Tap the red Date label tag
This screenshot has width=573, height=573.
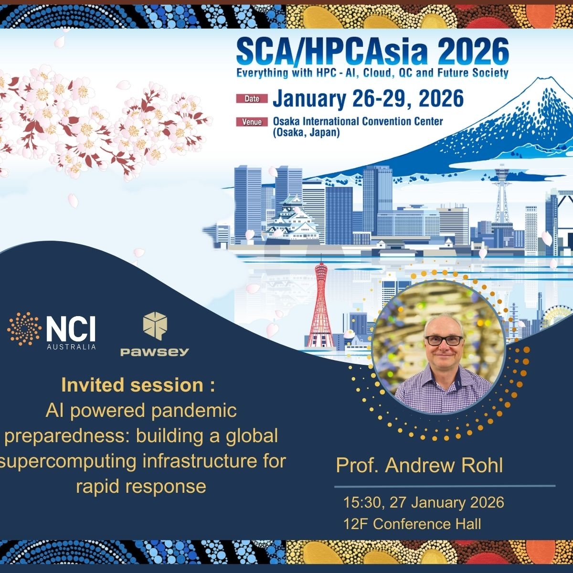[252, 99]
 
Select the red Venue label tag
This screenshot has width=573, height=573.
[252, 122]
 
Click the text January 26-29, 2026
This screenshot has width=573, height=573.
[368, 98]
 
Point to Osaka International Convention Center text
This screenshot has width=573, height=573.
[358, 121]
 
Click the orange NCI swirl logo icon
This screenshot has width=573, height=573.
[24, 329]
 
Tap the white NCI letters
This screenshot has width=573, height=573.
[71, 329]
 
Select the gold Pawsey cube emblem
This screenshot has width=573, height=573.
[155, 326]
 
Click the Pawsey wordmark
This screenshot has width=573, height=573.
[155, 352]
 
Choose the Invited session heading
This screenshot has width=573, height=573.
[138, 385]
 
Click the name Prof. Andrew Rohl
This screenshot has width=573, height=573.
[420, 465]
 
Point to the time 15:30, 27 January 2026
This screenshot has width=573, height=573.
[424, 502]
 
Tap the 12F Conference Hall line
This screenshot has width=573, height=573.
[412, 524]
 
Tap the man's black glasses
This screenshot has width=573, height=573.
[444, 340]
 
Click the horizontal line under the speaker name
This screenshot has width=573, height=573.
[445, 487]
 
